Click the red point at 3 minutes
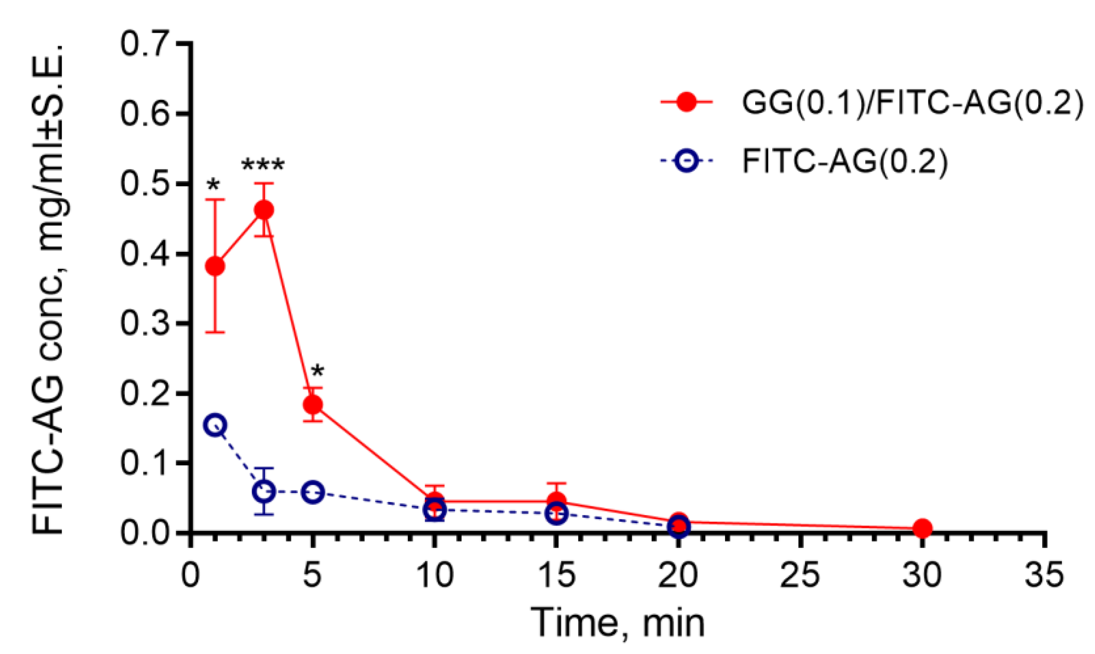pyautogui.click(x=264, y=210)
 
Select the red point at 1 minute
pyautogui.click(x=215, y=266)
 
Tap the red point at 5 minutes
pyautogui.click(x=313, y=404)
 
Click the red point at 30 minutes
pyautogui.click(x=922, y=528)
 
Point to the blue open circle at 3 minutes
pyautogui.click(x=264, y=491)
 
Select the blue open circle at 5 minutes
pyautogui.click(x=313, y=492)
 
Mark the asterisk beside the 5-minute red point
pyautogui.click(x=317, y=372)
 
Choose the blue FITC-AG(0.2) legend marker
pyautogui.click(x=686, y=162)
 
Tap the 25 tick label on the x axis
pyautogui.click(x=800, y=575)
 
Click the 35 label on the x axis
pyautogui.click(x=1044, y=575)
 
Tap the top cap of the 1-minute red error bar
pyautogui.click(x=215, y=200)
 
